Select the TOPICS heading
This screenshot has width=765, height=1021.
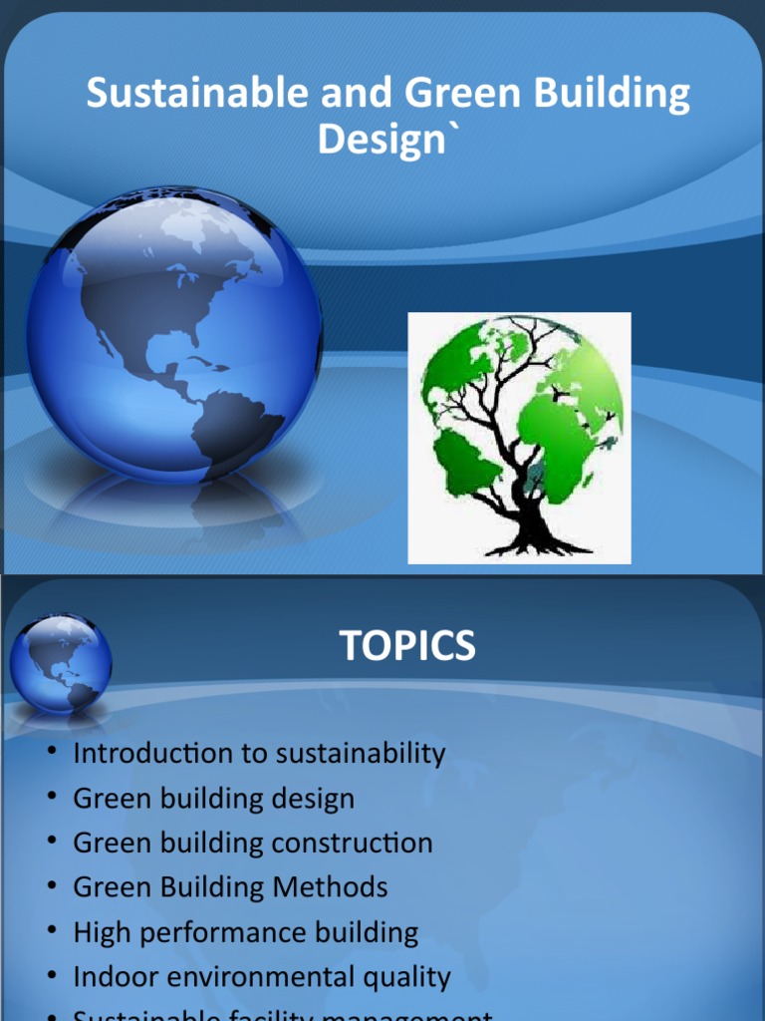[x=407, y=646]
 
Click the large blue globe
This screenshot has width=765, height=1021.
[x=173, y=334]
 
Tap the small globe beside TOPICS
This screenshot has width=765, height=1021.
[x=61, y=663]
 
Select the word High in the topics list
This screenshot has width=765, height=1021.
[x=99, y=932]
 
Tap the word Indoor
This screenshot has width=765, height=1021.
[x=116, y=977]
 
